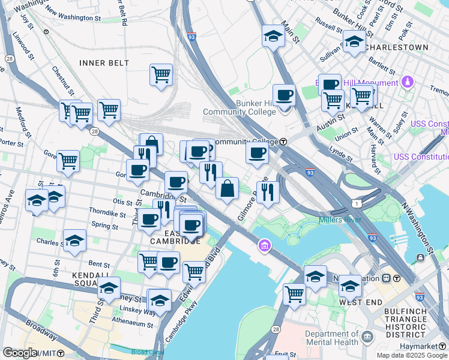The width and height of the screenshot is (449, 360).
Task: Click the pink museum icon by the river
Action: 264,245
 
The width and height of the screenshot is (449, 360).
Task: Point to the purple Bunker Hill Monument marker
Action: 408,82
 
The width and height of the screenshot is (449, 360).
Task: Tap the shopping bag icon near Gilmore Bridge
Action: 227,188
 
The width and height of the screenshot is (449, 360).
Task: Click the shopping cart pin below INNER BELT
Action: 161,75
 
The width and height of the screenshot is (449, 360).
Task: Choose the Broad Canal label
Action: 148,352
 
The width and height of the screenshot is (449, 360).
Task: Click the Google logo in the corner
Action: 20,353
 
